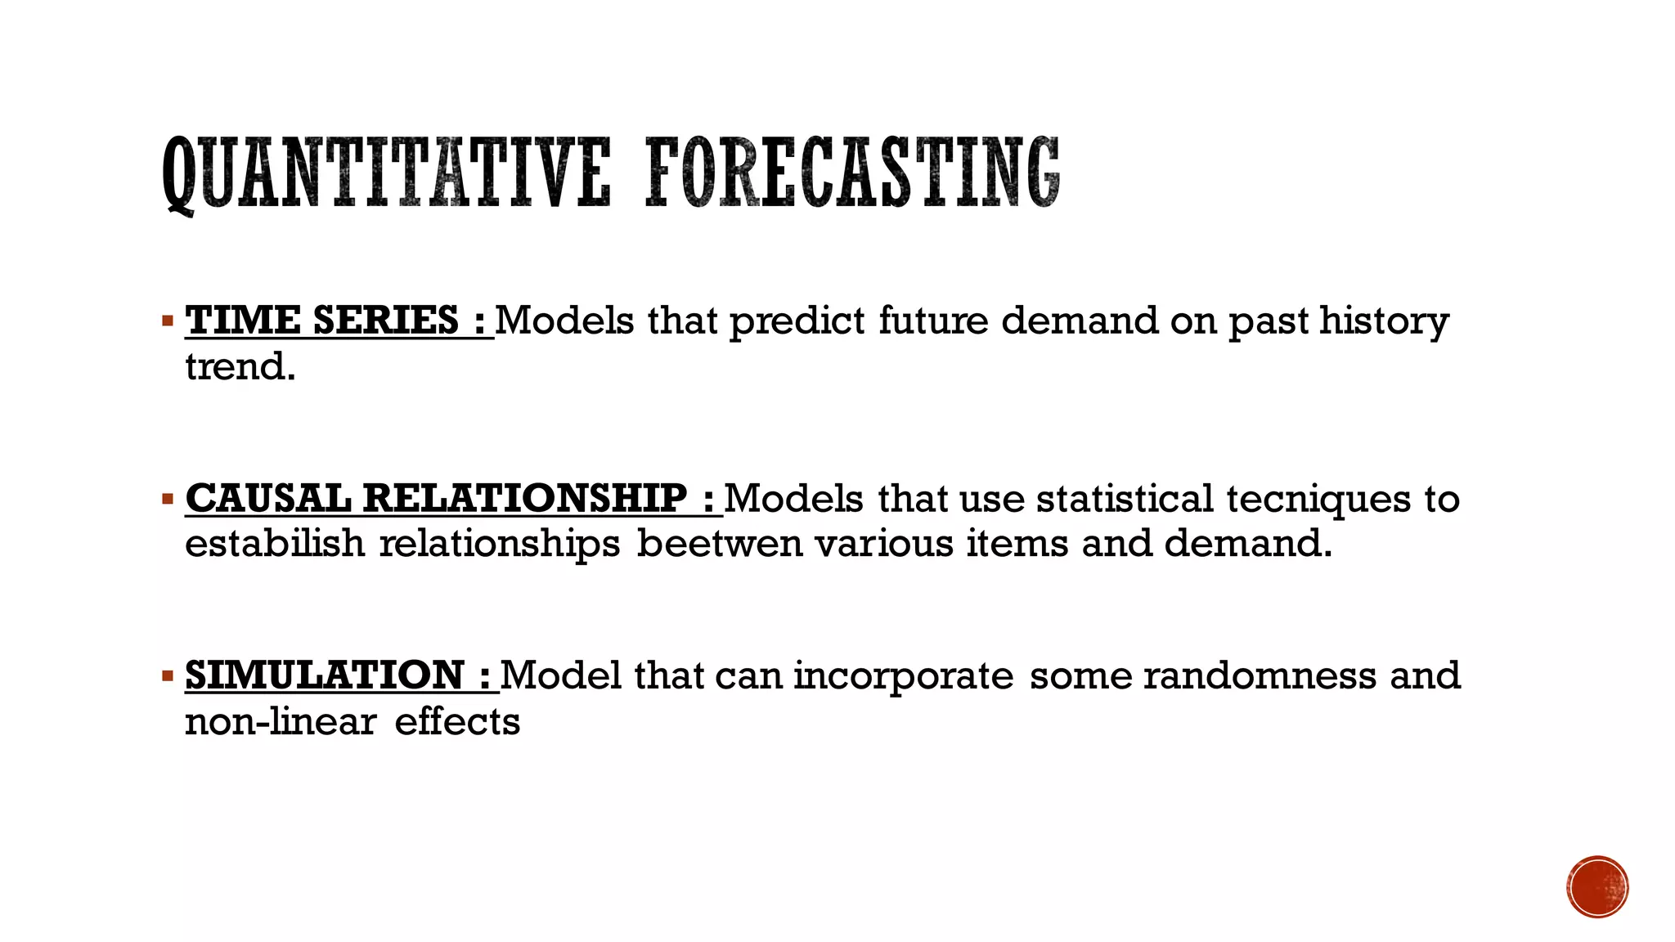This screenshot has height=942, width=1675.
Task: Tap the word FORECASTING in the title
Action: pyautogui.click(x=853, y=173)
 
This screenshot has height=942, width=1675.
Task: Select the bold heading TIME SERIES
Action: pyautogui.click(x=322, y=320)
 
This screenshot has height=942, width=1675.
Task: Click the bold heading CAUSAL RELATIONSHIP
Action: pyautogui.click(x=437, y=498)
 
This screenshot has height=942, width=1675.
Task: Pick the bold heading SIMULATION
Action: pyautogui.click(x=325, y=675)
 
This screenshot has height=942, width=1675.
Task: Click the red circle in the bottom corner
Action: pyautogui.click(x=1597, y=887)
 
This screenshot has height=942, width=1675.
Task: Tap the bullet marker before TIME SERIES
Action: pyautogui.click(x=168, y=320)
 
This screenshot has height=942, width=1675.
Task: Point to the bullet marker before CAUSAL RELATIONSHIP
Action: pyautogui.click(x=168, y=498)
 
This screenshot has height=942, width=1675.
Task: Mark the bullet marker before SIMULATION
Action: pyautogui.click(x=168, y=675)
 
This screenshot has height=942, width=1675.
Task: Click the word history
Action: pyautogui.click(x=1384, y=321)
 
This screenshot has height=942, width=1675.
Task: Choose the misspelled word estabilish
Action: pyautogui.click(x=275, y=544)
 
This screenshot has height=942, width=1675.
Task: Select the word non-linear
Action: pyautogui.click(x=281, y=722)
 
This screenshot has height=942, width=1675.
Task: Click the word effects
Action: pyautogui.click(x=457, y=722)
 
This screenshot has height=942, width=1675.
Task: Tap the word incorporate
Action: pyautogui.click(x=903, y=677)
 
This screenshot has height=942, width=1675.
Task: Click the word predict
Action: pyautogui.click(x=797, y=321)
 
